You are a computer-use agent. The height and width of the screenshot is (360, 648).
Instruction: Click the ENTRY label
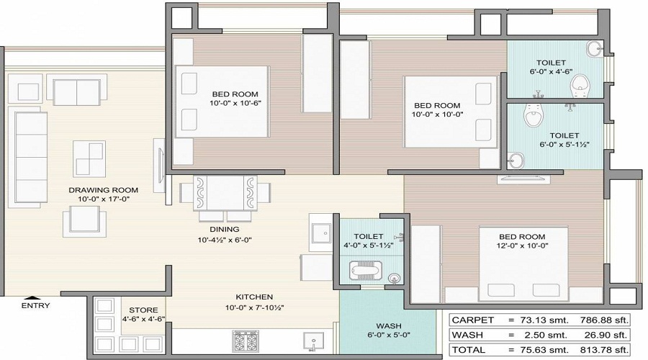pyautogui.click(x=35, y=306)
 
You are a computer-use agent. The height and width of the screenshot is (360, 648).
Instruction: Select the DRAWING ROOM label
pyautogui.click(x=103, y=190)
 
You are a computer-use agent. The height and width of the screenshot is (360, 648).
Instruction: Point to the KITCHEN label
pyautogui.click(x=254, y=297)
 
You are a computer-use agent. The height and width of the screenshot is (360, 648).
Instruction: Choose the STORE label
pyautogui.click(x=144, y=310)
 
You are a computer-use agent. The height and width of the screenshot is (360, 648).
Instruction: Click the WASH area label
pyautogui.click(x=389, y=326)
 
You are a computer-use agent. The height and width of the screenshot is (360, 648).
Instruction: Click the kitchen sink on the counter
pyautogui.click(x=312, y=340)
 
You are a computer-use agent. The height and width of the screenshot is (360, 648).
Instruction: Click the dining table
pyautogui.click(x=225, y=192)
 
